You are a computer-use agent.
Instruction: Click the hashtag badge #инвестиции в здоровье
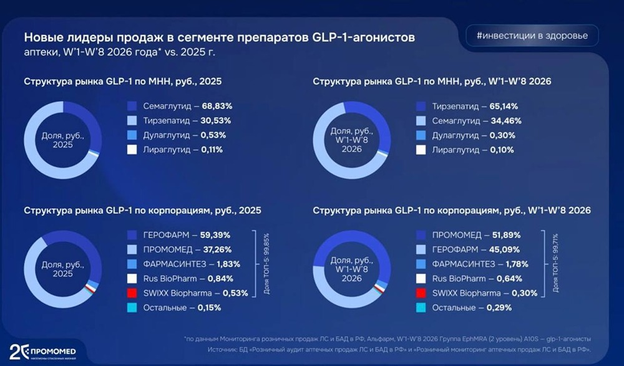pos(532,36)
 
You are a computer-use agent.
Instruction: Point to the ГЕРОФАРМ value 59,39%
pos(213,235)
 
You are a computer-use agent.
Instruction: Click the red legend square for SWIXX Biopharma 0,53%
pos(132,293)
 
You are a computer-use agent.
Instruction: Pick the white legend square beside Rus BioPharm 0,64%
pos(421,279)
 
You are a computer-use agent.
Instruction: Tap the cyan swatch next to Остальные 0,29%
pos(421,307)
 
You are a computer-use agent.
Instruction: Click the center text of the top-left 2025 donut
pos(62,140)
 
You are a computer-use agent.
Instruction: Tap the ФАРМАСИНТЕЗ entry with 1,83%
pos(187,264)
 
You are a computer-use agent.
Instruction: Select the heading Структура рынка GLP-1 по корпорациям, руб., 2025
pos(142,210)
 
